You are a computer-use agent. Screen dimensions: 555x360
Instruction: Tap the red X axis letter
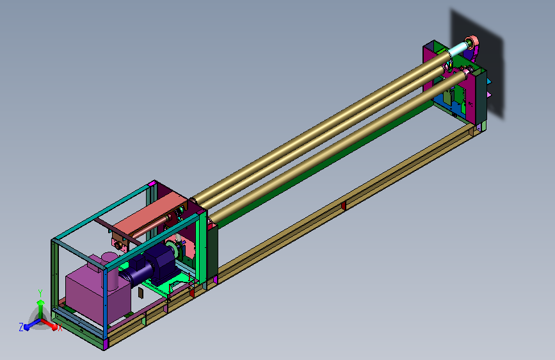(60, 328)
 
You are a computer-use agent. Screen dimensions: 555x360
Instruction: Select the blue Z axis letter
(21, 327)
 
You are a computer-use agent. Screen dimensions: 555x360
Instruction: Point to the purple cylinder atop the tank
(109, 270)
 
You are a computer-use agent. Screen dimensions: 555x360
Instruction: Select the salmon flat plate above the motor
(149, 216)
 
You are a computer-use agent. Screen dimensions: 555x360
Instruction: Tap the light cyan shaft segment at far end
(458, 49)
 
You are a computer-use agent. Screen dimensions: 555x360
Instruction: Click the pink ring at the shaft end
(473, 42)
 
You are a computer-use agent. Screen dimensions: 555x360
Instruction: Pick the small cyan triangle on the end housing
(489, 82)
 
